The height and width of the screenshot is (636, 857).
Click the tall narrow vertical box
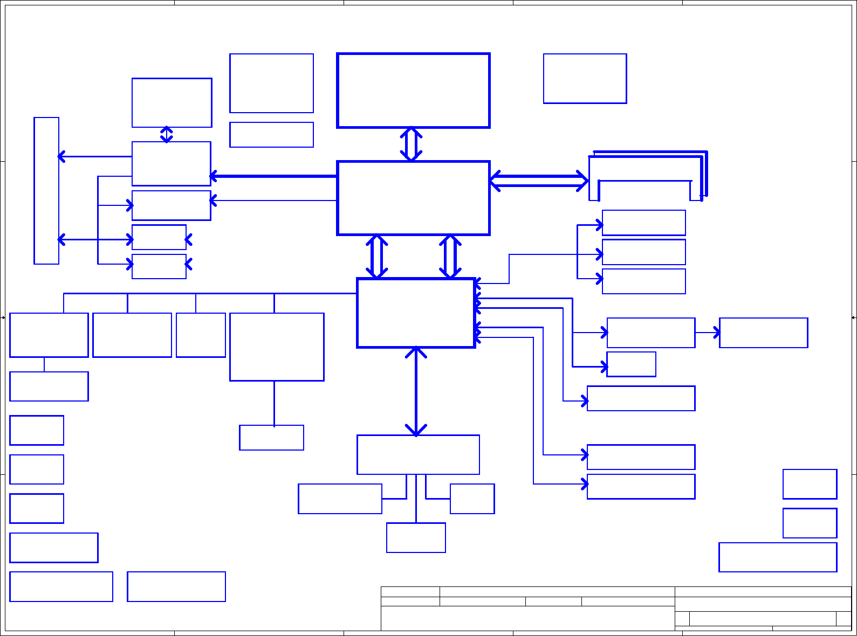tap(46, 191)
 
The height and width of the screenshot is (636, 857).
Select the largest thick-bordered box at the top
tap(413, 91)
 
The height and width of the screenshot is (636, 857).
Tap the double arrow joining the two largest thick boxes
tap(411, 144)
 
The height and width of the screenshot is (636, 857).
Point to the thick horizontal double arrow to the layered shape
tap(539, 181)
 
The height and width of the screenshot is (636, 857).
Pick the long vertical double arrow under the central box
tap(416, 391)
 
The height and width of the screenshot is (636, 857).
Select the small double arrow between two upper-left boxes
tap(167, 135)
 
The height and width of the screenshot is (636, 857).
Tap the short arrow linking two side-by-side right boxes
tap(707, 333)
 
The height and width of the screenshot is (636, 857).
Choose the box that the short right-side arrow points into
tap(763, 333)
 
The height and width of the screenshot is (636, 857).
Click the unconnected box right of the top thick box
tap(585, 79)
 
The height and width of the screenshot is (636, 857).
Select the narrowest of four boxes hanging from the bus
tap(201, 335)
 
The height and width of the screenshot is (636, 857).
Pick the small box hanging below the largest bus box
tap(271, 438)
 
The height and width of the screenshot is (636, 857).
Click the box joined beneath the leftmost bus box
tap(49, 386)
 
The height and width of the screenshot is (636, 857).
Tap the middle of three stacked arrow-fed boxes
tap(643, 252)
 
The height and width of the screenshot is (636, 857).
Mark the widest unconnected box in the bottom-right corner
tap(778, 557)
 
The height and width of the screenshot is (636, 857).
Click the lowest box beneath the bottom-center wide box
tap(416, 538)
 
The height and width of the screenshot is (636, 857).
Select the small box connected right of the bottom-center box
tap(472, 499)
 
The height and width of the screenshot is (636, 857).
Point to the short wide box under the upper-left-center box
tap(271, 135)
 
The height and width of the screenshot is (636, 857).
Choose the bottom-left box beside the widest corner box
tap(176, 586)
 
